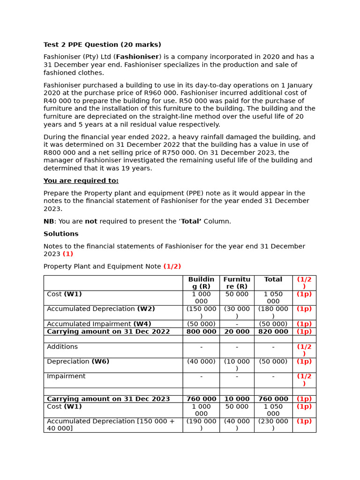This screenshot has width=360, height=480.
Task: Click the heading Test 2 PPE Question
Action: [x=102, y=45]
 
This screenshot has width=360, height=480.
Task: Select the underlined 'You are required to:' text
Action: [x=81, y=181]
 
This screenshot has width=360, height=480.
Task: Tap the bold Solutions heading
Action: [x=61, y=234]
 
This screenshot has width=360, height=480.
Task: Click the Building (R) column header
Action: [x=201, y=283]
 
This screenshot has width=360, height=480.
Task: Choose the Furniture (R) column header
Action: [x=237, y=283]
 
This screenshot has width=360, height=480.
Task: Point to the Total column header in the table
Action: [x=273, y=279]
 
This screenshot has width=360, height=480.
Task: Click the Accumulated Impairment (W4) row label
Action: [x=99, y=324]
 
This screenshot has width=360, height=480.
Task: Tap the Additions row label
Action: [x=62, y=347]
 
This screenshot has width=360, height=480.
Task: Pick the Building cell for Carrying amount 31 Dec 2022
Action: [x=201, y=331]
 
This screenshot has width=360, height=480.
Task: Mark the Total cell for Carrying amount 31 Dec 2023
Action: [x=273, y=399]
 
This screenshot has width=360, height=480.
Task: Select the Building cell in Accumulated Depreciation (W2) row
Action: [x=201, y=312]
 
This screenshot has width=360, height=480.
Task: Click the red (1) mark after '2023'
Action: [x=68, y=254]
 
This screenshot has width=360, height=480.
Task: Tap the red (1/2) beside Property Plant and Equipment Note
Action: [x=172, y=267]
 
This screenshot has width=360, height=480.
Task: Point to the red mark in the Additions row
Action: [x=304, y=350]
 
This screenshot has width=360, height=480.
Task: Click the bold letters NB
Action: [x=49, y=221]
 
